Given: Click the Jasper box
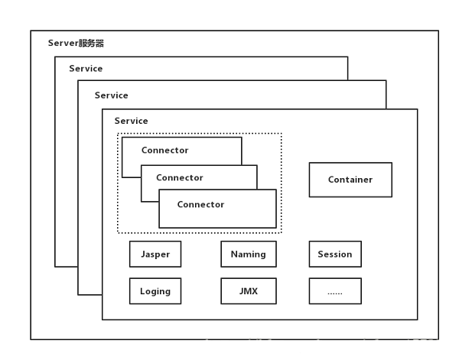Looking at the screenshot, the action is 155,254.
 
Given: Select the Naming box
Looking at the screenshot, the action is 249,254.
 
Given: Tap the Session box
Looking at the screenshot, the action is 335,254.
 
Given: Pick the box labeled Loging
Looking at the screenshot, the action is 155,291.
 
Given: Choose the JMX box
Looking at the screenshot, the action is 249,291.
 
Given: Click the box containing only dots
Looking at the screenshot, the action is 335,291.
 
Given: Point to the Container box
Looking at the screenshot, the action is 350,180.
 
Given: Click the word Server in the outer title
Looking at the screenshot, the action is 63,43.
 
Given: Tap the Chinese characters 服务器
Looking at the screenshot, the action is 91,43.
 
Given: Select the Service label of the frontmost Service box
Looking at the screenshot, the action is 131,121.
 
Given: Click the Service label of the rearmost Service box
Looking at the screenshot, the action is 86,69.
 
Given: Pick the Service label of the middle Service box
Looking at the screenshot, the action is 111,96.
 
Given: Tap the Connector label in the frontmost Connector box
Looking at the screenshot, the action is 200,204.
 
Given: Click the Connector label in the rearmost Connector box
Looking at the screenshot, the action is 164,150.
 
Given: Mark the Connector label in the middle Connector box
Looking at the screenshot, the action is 180,177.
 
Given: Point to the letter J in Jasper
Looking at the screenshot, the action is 143,254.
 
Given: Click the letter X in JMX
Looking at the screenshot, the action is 255,291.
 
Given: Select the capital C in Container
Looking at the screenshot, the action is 331,180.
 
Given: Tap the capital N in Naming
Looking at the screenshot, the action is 234,254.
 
